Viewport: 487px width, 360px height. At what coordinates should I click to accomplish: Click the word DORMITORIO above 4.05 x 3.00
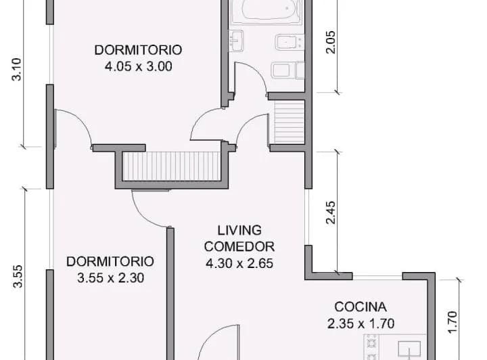point(138,50)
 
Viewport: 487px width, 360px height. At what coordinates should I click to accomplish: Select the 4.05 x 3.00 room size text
point(139,66)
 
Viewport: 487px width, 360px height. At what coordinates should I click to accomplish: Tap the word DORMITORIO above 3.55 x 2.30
point(110,261)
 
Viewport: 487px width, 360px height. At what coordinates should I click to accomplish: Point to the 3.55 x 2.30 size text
point(110,278)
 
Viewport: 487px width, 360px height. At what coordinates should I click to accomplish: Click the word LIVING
point(239,231)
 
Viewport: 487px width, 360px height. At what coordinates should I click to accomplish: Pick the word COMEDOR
point(239,246)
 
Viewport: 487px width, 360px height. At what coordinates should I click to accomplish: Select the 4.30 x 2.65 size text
point(239,263)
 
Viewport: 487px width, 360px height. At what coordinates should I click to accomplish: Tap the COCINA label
point(361,307)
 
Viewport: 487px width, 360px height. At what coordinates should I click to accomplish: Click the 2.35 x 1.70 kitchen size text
point(361,323)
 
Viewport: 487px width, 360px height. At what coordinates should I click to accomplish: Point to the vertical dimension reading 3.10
point(16,69)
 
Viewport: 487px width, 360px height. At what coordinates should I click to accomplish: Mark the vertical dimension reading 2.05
point(331,42)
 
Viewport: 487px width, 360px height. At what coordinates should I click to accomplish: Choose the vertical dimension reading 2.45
point(331,212)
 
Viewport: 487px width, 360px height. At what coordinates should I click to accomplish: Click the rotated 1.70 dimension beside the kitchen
point(453,322)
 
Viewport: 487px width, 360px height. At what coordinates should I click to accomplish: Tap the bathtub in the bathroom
point(266,12)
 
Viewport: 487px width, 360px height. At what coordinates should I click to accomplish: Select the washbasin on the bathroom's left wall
point(236,41)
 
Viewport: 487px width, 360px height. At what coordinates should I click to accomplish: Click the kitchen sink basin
point(409,348)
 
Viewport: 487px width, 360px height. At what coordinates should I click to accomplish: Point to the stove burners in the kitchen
point(371,347)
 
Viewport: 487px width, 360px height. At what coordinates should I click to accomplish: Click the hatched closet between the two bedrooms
point(171,166)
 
